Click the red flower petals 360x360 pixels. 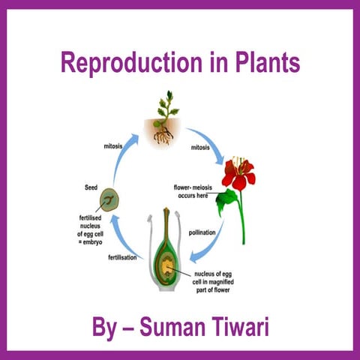click(241, 171)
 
